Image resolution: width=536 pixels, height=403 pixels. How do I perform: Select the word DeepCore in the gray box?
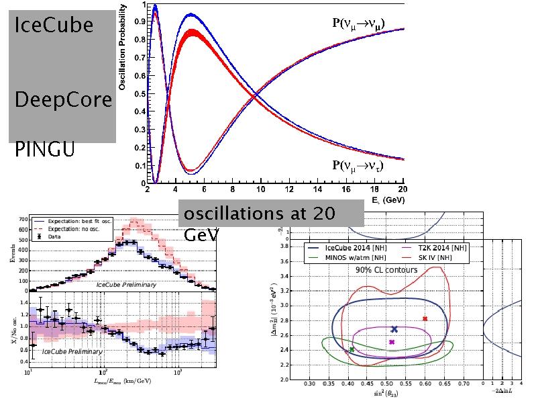(63, 99)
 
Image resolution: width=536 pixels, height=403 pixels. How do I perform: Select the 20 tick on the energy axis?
(402, 190)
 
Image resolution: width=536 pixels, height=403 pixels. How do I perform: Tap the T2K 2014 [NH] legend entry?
(435, 248)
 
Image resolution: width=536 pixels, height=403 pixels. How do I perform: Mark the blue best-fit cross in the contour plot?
(394, 329)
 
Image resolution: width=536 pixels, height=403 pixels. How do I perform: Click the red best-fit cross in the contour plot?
(425, 318)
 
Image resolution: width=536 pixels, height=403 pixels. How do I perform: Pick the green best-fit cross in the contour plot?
(352, 349)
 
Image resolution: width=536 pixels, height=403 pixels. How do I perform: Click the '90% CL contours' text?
(386, 269)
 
